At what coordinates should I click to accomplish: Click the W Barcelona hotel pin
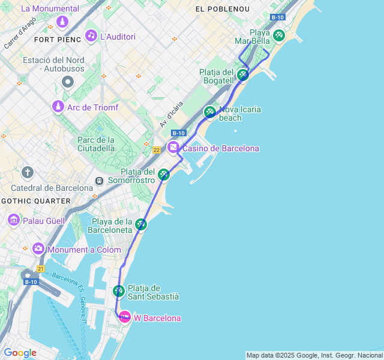point(124,317)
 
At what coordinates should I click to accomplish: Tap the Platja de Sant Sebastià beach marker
point(118,291)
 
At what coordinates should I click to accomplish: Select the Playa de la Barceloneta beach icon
point(141,224)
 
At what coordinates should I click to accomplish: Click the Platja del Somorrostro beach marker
point(163,175)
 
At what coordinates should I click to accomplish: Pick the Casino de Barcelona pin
point(173,148)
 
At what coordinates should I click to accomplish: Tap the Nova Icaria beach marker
point(209,112)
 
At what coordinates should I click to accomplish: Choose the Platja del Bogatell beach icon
point(242,74)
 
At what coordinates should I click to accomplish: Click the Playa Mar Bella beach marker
point(278,35)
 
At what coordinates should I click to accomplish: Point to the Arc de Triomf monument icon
point(58,107)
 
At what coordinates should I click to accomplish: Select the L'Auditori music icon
point(91,35)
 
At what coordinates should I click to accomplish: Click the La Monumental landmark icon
point(62,22)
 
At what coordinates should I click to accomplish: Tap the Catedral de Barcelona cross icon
point(27,173)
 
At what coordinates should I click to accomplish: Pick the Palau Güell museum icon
point(13,221)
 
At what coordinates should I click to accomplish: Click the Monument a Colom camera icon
point(38,248)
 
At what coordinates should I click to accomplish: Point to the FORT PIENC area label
point(58,40)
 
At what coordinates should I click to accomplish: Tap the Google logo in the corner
point(20,353)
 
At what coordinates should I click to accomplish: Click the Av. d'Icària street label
point(172,114)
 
